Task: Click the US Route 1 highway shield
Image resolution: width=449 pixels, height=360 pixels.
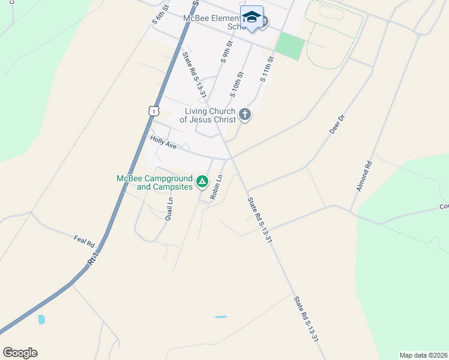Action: click(x=154, y=110)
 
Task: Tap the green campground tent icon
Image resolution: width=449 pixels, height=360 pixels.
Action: click(x=203, y=181)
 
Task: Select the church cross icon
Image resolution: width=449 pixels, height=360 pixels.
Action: click(x=244, y=114)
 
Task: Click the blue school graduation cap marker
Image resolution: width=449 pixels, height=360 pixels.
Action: click(x=252, y=17)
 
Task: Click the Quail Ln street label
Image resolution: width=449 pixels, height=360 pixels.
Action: click(x=169, y=209)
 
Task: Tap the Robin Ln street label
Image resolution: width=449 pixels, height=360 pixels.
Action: click(x=216, y=187)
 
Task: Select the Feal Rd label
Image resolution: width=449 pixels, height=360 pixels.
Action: click(x=85, y=241)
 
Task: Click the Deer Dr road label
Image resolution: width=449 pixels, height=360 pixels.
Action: click(x=337, y=124)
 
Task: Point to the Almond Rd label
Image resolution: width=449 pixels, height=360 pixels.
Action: click(x=364, y=176)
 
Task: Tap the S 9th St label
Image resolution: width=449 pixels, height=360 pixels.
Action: click(x=227, y=52)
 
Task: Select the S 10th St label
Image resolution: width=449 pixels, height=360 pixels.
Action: click(x=237, y=85)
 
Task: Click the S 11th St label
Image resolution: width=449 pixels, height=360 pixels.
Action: click(x=267, y=70)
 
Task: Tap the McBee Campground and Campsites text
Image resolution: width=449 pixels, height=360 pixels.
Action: click(x=155, y=182)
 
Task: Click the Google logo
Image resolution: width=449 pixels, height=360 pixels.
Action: click(x=20, y=353)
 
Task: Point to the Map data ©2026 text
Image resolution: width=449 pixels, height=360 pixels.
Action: click(x=423, y=355)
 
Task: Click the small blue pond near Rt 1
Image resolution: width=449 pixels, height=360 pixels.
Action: click(x=41, y=319)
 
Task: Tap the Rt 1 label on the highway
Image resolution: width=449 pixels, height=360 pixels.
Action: click(x=92, y=259)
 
